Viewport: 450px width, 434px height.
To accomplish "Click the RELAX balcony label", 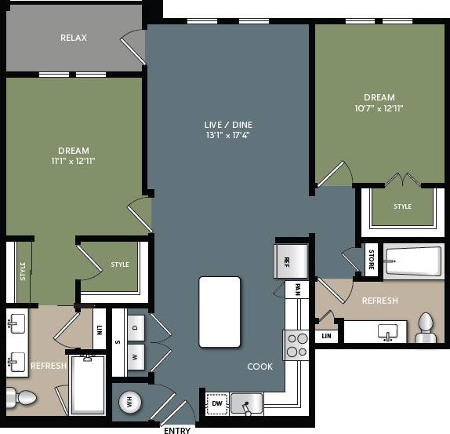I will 74,38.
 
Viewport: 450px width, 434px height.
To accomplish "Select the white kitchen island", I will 220,312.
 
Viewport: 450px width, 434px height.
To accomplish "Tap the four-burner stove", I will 296,344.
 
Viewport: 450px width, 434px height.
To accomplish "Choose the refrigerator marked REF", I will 284,261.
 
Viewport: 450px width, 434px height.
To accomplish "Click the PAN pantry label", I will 298,290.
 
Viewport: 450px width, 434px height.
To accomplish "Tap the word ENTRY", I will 176,429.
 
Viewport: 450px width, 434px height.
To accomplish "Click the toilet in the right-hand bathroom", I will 426,327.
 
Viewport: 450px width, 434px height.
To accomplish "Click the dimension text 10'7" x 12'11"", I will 379,108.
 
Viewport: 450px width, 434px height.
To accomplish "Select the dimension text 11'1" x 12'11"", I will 73,161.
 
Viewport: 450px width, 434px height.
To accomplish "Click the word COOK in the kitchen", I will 260,367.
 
